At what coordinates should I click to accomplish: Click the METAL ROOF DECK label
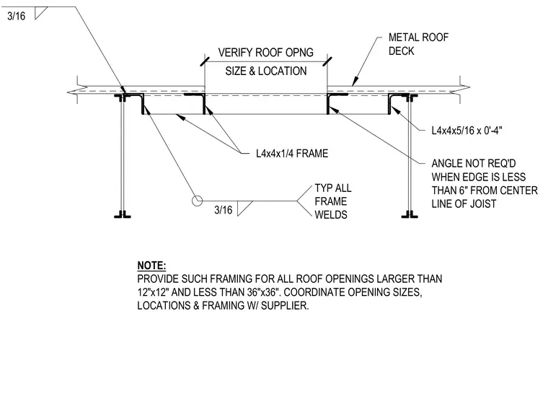point(418,44)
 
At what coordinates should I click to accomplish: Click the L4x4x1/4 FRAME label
point(292,154)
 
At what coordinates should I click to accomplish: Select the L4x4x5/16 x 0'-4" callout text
point(467,131)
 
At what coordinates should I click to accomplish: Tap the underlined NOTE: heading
point(151,266)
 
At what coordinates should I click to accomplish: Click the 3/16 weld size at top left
point(17,16)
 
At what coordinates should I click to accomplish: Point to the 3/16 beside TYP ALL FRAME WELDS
point(223,210)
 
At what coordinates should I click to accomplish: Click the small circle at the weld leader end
point(197,201)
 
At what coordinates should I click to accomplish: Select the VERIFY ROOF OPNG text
point(265,53)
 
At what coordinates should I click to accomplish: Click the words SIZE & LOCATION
point(266,71)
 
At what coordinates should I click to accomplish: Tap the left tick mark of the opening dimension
point(205,61)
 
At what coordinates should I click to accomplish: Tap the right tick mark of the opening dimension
point(327,61)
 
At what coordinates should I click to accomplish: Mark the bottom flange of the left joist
point(123,215)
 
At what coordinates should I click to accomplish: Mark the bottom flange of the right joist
point(410,215)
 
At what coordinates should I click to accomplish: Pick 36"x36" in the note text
point(264,292)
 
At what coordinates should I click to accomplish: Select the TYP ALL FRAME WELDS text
point(333,201)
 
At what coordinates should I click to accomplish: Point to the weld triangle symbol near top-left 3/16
point(40,13)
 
